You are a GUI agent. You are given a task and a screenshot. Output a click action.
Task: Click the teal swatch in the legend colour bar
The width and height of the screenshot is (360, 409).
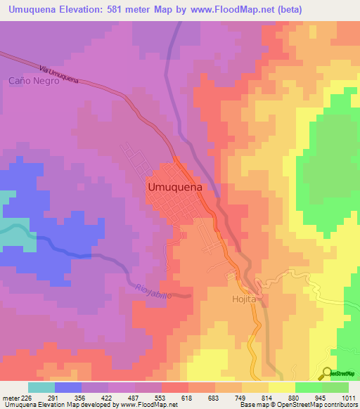click(x=41, y=387)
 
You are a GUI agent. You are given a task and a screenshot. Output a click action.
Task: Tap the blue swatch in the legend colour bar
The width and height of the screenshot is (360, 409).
click(x=68, y=387)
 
